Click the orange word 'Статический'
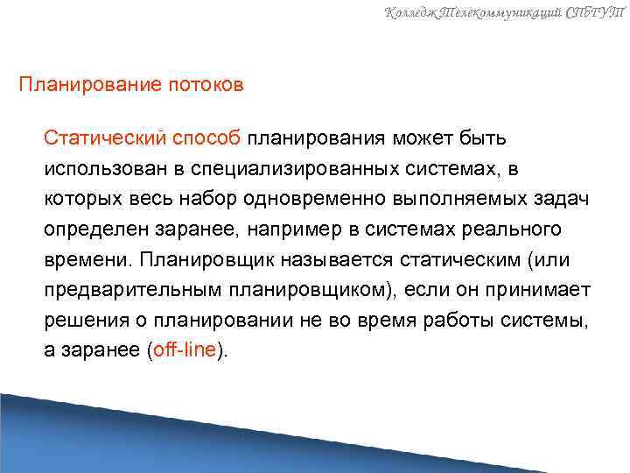pos(105,138)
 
